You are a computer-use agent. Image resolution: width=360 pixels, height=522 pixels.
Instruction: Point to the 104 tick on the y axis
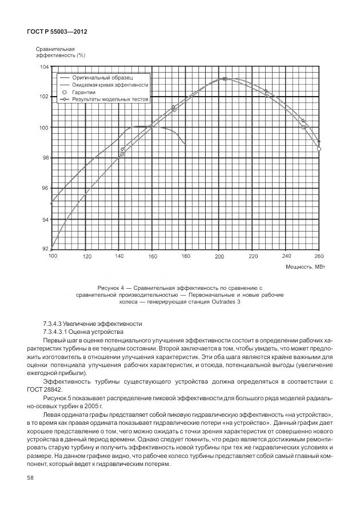click(44, 67)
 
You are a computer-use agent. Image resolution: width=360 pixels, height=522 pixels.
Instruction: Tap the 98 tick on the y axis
click(45, 158)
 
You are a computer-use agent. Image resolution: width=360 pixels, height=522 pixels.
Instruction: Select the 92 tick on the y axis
click(45, 249)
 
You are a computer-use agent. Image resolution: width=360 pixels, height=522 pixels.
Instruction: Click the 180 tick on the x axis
click(186, 257)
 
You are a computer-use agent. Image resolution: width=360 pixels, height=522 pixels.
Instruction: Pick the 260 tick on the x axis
click(319, 257)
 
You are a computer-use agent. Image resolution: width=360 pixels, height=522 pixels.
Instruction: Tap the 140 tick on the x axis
click(119, 257)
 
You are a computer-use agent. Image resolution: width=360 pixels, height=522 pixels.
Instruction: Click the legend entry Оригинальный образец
click(102, 77)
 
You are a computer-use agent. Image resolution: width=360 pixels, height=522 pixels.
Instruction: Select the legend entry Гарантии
click(84, 91)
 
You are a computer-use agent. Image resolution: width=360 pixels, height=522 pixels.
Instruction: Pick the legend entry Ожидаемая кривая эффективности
click(110, 84)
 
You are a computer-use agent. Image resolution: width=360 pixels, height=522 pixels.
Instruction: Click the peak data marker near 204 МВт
click(225, 79)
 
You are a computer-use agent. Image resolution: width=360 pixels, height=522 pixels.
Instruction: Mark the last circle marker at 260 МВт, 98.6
click(319, 149)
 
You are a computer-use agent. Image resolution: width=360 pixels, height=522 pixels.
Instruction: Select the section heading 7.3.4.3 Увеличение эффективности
click(93, 324)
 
